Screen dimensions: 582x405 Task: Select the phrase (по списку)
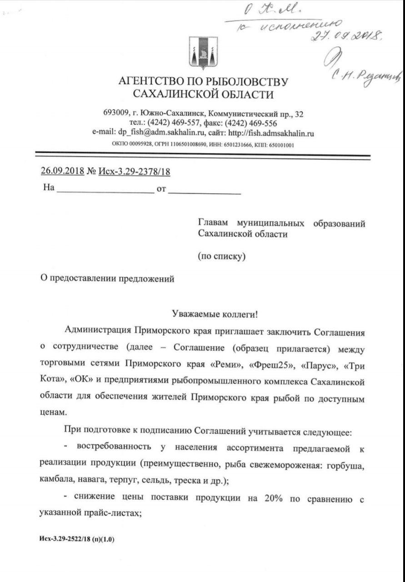click(x=222, y=256)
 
